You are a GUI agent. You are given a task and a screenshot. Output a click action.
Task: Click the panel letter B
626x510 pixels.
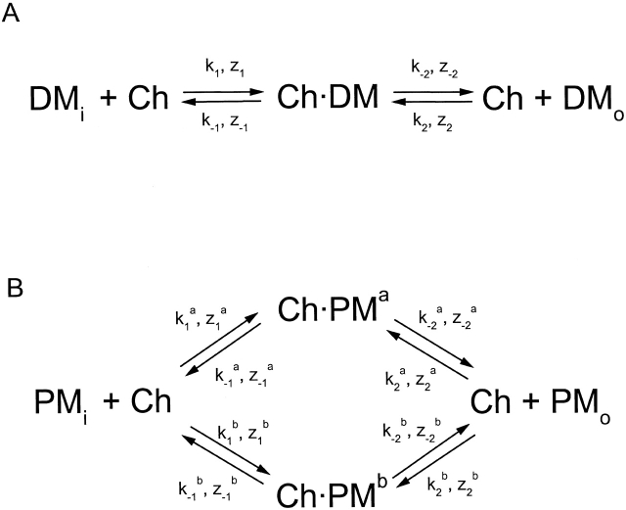click(13, 291)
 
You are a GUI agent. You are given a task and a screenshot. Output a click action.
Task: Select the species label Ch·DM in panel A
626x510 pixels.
click(329, 98)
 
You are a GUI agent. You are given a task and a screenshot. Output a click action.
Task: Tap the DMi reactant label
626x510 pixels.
click(59, 99)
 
